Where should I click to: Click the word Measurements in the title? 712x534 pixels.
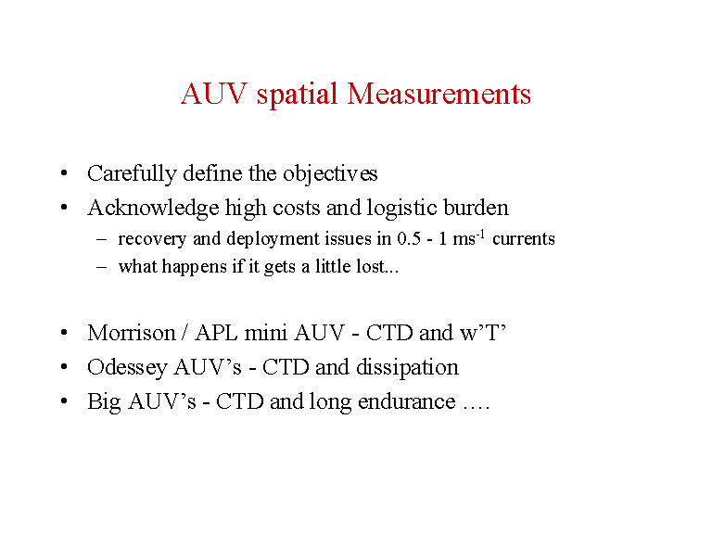(439, 94)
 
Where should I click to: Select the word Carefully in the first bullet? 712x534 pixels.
(132, 174)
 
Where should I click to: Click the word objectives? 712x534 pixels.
(330, 174)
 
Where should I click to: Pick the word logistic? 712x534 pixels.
(401, 209)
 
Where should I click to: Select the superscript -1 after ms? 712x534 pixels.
(480, 235)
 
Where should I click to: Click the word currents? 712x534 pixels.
(524, 239)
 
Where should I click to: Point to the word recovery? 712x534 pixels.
(152, 240)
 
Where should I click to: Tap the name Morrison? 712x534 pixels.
(132, 333)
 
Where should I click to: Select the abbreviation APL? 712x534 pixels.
(216, 333)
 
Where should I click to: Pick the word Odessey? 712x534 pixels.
(127, 368)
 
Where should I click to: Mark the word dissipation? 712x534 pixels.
(407, 368)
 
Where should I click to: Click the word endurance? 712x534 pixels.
(406, 401)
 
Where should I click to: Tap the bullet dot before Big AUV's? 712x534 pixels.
(64, 400)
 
